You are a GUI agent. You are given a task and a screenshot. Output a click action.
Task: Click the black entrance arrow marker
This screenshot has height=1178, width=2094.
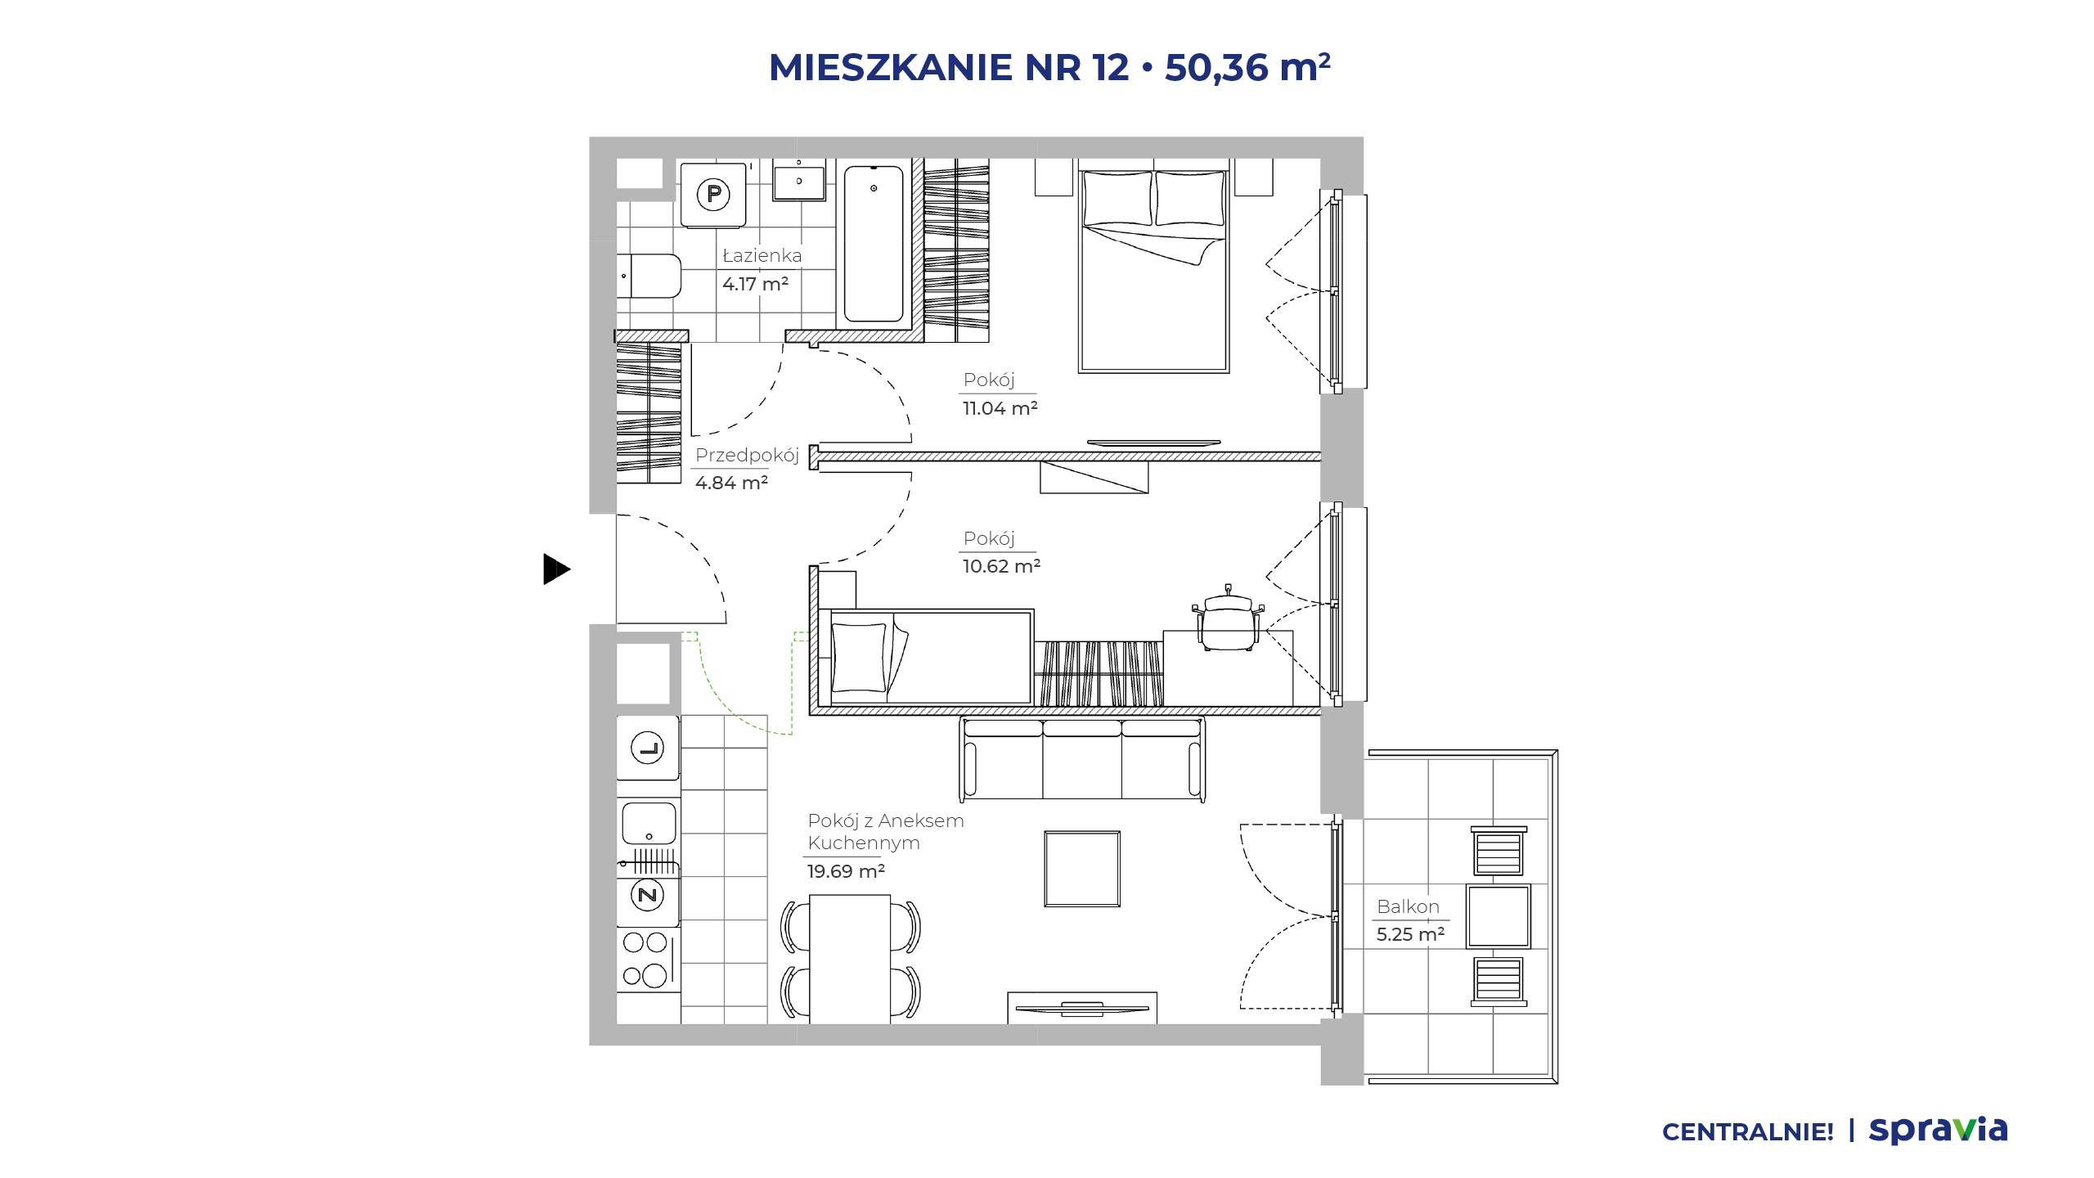(x=556, y=569)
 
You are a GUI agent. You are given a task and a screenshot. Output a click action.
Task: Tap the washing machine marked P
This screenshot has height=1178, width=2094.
(x=714, y=195)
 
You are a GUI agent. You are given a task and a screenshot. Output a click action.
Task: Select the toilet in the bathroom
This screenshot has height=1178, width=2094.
(x=649, y=277)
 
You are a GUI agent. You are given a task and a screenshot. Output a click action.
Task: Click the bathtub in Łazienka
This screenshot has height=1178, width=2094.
(x=874, y=244)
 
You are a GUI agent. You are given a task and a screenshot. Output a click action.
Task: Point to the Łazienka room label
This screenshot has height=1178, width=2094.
(x=762, y=255)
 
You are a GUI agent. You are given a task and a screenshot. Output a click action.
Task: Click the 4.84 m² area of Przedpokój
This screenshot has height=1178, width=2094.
(x=731, y=483)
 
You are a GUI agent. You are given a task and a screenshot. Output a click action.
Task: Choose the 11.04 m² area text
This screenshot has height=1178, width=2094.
(x=1000, y=408)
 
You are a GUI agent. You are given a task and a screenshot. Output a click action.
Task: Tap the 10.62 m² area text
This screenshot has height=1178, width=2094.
(x=1001, y=566)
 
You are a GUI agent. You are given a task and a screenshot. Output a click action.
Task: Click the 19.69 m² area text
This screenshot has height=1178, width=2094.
(x=846, y=871)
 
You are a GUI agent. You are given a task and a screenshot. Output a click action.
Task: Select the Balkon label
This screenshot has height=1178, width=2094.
(x=1408, y=906)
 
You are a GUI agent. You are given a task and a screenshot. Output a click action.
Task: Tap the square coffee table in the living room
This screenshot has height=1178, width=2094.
(x=1082, y=869)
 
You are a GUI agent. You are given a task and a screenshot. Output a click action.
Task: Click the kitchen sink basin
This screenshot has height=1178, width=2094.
(x=649, y=823)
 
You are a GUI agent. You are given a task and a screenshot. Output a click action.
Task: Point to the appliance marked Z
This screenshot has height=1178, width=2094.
(x=648, y=895)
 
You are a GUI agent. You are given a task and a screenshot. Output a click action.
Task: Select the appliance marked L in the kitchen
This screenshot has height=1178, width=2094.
(x=648, y=748)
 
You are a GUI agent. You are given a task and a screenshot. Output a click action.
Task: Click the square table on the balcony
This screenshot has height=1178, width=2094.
(x=1499, y=916)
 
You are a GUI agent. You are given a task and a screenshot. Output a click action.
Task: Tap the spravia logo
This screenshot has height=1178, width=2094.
(x=1939, y=1130)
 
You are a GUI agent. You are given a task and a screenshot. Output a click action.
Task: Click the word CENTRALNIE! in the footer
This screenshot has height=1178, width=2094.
(x=1748, y=1132)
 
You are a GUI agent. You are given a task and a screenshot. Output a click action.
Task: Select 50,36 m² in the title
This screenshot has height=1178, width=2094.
(x=1247, y=67)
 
